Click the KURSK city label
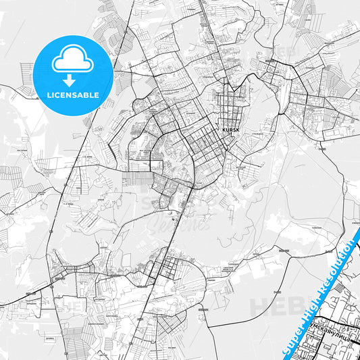click(230, 130)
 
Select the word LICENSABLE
click(72, 95)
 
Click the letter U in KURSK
click(226, 130)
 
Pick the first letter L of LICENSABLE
click(47, 95)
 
